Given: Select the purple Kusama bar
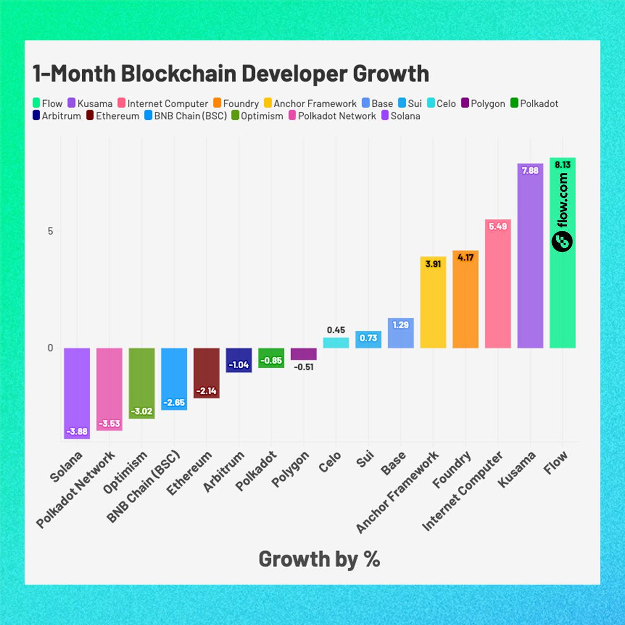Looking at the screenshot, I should pos(530,260).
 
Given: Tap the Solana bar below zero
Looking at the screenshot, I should pos(77,391).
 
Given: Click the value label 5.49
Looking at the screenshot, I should pos(498,227).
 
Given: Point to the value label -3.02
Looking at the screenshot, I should pos(142,411).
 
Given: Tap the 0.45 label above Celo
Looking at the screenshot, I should pos(336,330).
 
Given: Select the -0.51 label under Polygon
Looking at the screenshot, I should pos(304,367).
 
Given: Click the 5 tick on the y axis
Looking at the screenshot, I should pos(51,231).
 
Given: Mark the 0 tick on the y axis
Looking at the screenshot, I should pos(51,348).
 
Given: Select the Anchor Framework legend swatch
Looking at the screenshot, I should pos(268,104).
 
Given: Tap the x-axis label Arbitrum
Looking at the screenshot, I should pos(224,472).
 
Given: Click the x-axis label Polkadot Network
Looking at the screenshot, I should pos(76,490).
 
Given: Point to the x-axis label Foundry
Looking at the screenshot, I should pos(452,470).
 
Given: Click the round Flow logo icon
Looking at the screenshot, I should pos(562,241).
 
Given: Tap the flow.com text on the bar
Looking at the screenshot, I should pos(562,201).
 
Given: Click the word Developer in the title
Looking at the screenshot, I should pos(293,73).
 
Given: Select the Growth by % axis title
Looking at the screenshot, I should pos(319,559).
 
